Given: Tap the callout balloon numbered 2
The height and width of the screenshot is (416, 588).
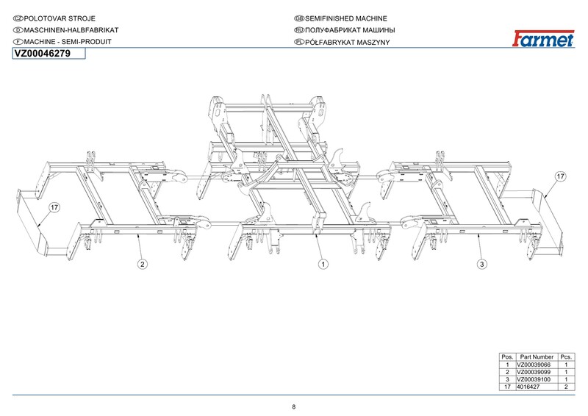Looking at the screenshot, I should pyautogui.click(x=142, y=263).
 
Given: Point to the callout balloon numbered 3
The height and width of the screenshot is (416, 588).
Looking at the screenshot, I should pyautogui.click(x=482, y=263).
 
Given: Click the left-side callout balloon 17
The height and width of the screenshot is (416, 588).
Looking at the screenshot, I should pyautogui.click(x=54, y=208).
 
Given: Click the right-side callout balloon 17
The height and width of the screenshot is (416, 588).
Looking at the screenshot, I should pyautogui.click(x=560, y=176).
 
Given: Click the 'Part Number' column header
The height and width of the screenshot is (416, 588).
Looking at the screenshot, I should pyautogui.click(x=537, y=357).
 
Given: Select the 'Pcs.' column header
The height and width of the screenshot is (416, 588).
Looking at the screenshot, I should pyautogui.click(x=566, y=357).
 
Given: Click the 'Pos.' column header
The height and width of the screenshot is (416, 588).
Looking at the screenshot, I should pyautogui.click(x=507, y=357).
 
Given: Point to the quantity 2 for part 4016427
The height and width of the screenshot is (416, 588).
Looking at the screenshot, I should pyautogui.click(x=566, y=386).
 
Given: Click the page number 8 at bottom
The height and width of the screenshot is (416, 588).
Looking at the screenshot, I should pyautogui.click(x=294, y=406).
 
